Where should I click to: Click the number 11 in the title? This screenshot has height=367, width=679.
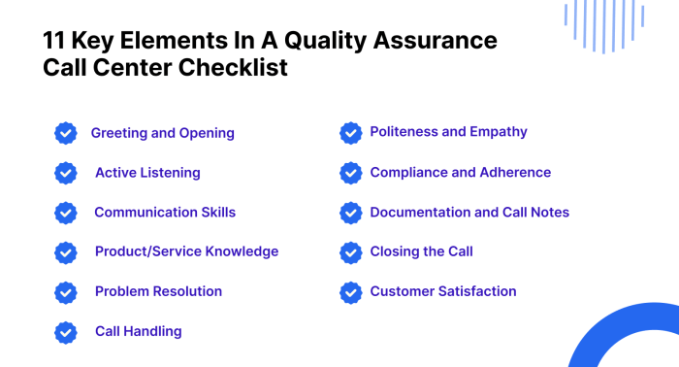click(55, 42)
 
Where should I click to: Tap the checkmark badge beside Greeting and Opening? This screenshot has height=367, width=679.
click(66, 133)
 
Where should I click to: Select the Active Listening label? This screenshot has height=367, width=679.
click(147, 173)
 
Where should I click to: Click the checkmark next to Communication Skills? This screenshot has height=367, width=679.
click(66, 213)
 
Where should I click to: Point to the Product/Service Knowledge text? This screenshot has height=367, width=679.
click(186, 251)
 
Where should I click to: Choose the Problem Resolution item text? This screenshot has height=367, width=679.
click(158, 291)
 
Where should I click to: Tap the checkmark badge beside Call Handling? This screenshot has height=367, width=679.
click(66, 331)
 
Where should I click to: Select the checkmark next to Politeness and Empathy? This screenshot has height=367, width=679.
click(351, 133)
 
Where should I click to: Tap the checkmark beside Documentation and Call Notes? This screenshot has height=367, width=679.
click(351, 213)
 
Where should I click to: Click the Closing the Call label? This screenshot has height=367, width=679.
click(421, 251)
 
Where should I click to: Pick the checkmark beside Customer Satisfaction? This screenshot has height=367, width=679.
click(351, 291)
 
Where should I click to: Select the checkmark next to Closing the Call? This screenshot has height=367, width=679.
click(351, 252)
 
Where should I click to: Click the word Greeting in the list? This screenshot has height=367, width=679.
click(120, 133)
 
